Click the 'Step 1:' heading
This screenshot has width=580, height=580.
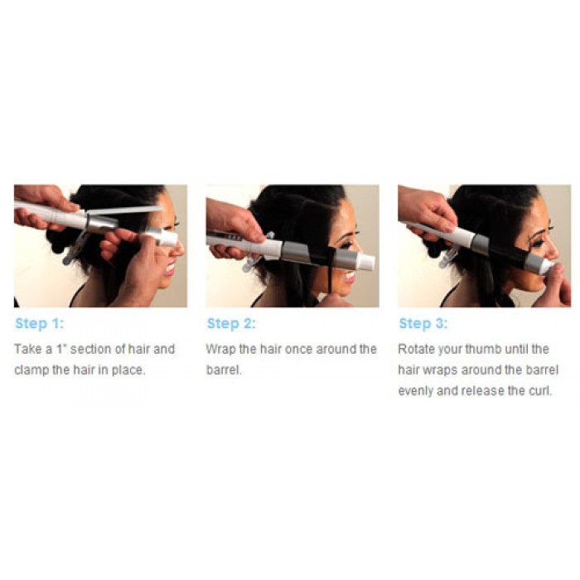point(39,323)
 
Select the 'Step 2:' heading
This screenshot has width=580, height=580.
point(231,323)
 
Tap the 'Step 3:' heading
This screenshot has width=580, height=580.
point(423,323)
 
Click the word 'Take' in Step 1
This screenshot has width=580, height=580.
point(29,349)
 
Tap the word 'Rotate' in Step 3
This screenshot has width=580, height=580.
point(418,349)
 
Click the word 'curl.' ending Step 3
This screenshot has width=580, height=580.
point(539,390)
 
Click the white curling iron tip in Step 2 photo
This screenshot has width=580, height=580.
point(365,262)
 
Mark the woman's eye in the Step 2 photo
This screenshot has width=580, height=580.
point(348,225)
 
